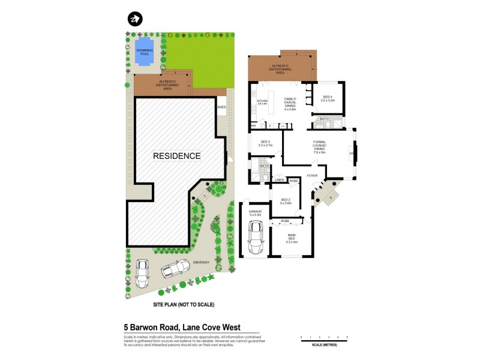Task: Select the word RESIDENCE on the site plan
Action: [176, 155]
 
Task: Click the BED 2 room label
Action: [285, 201]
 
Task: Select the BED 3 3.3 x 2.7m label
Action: [265, 143]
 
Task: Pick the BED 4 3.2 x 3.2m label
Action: [328, 98]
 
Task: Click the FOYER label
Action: [311, 176]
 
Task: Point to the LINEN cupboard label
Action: [279, 180]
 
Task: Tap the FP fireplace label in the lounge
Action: [352, 153]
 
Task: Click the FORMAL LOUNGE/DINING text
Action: [319, 147]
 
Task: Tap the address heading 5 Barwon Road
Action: [181, 327]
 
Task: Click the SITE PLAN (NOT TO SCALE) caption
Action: [184, 305]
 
